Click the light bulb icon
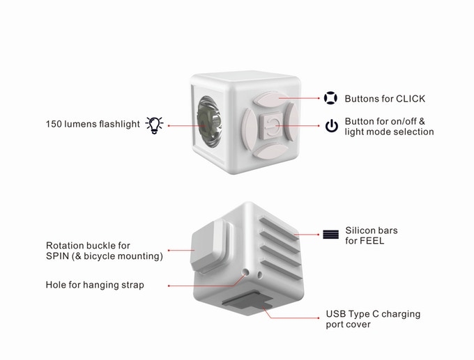[154, 125]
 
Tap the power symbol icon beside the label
[331, 126]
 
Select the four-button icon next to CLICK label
[331, 98]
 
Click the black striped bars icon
[330, 235]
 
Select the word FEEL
[369, 242]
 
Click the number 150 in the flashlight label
[54, 125]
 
